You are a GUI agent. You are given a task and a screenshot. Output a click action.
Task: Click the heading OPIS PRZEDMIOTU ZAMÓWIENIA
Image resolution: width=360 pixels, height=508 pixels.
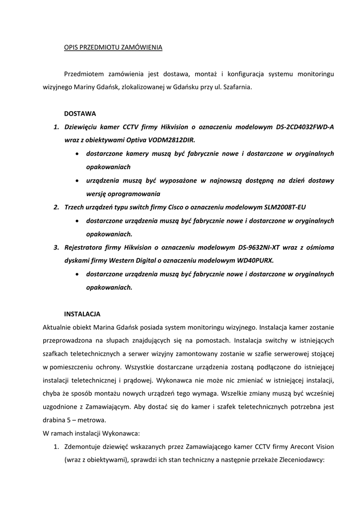113,48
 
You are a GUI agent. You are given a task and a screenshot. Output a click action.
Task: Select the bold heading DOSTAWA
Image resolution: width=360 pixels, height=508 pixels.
80,114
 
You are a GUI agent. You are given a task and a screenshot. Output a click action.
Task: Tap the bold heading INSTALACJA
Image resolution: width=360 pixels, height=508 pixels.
82,314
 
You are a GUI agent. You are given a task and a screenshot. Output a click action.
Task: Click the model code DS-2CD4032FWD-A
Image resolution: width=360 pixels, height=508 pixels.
305,127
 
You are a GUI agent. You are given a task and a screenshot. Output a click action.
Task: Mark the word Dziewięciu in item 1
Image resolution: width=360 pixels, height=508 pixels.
81,127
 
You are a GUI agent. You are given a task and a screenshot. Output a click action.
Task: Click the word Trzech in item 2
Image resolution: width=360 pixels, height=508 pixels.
75,207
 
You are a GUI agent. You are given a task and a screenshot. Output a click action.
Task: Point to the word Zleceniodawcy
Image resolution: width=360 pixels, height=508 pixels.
299,460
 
